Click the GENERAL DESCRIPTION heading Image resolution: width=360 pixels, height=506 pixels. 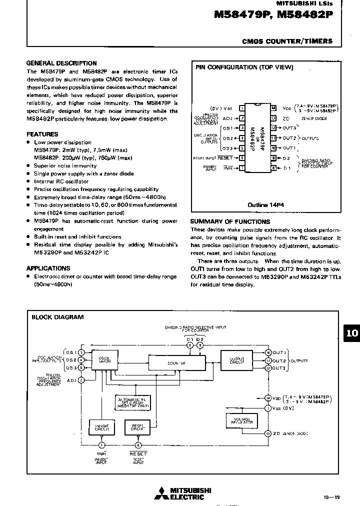click(x=61, y=63)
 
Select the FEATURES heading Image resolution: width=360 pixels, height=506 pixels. click(x=42, y=134)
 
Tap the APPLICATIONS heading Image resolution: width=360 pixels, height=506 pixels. click(x=48, y=268)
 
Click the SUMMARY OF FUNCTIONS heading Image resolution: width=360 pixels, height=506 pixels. click(x=230, y=221)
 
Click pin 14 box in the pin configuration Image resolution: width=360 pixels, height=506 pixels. click(x=273, y=108)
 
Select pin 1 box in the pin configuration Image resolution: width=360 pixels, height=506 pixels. click(x=242, y=108)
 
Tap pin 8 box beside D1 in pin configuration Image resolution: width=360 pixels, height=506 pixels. click(x=273, y=168)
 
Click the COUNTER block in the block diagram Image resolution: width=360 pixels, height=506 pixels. click(x=177, y=363)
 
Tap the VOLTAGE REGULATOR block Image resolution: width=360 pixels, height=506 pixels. click(x=241, y=420)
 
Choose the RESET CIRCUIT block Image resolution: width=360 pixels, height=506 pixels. click(x=137, y=427)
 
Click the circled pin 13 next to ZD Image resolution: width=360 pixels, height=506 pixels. click(x=268, y=433)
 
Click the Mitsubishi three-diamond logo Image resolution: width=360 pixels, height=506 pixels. click(x=161, y=493)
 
